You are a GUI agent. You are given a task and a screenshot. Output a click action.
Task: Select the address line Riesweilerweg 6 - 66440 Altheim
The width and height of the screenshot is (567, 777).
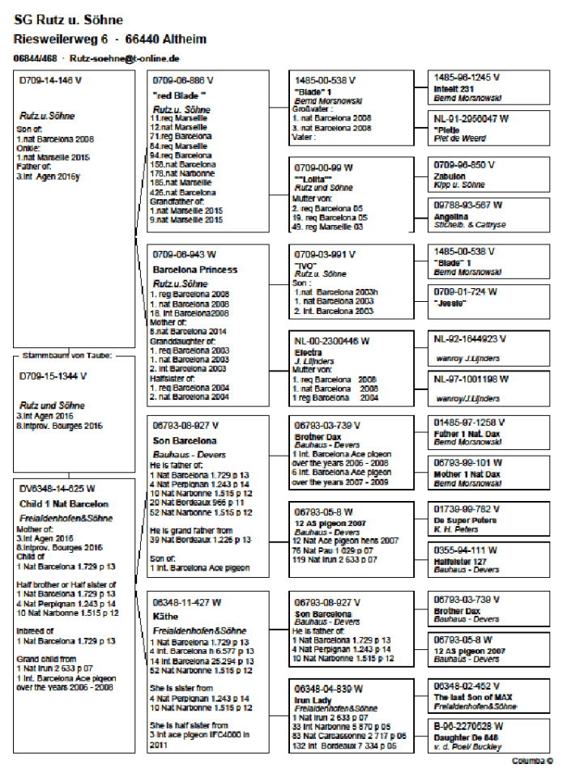tap(110, 39)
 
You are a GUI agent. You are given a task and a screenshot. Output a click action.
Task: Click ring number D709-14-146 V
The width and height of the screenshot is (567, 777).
tap(50, 81)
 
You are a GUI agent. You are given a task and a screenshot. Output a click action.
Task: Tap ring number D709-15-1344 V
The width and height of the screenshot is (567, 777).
tap(53, 376)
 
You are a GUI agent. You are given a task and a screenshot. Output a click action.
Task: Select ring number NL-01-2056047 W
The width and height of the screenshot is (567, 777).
tap(471, 118)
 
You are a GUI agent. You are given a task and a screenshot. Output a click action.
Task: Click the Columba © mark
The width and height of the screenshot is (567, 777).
tap(532, 761)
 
